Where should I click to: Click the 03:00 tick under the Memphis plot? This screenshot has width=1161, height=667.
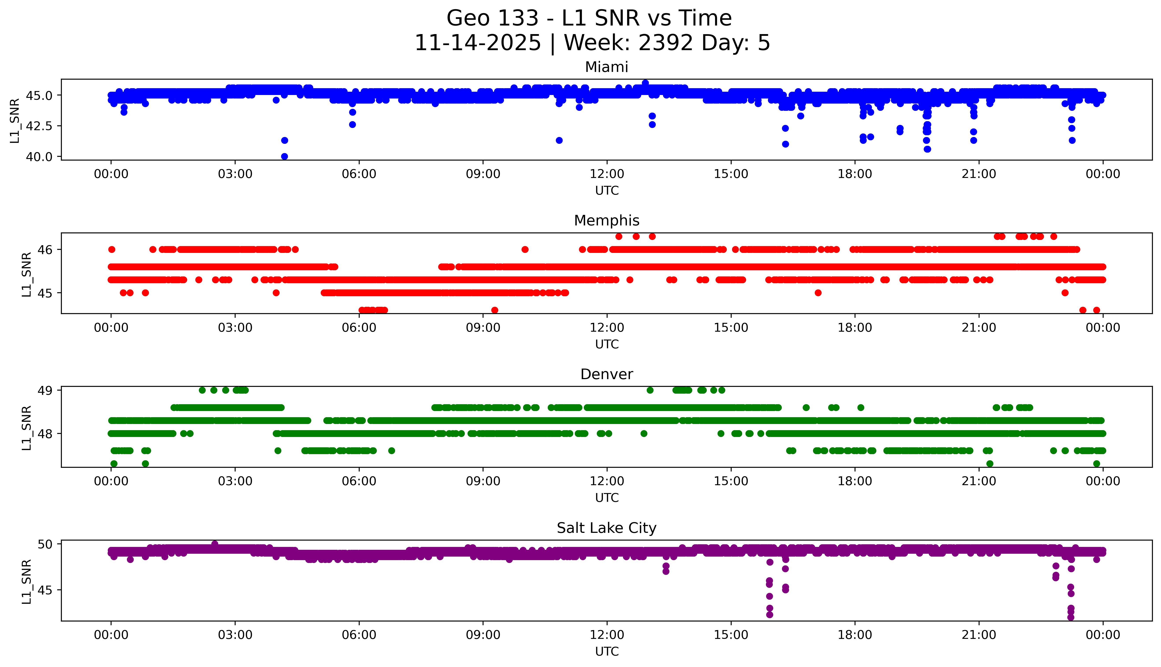click(x=235, y=328)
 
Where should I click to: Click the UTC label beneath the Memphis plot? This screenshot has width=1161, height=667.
click(x=607, y=344)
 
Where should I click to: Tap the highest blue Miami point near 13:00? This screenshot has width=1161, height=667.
click(x=645, y=83)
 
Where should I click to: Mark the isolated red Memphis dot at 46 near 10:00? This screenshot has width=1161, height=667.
click(x=525, y=250)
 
